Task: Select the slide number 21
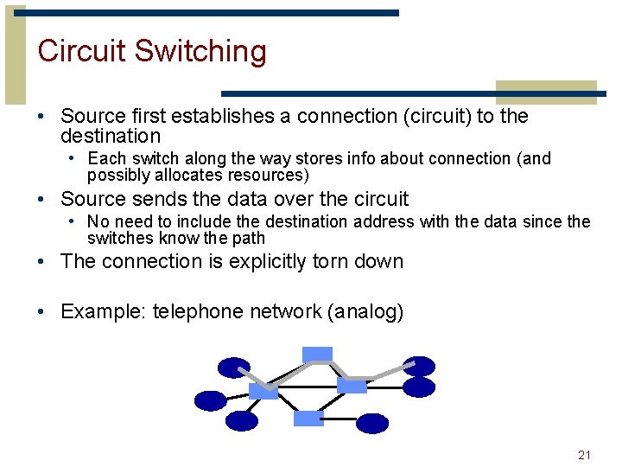pos(584,455)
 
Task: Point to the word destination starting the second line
pos(111,137)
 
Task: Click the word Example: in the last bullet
pos(103,312)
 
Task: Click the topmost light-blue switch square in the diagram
pos(317,354)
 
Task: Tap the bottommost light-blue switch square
pos(308,419)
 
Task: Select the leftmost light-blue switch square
pos(263,391)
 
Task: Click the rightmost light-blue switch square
pos(352,385)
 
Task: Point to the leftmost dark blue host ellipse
pos(210,400)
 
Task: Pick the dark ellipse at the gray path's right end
pos(419,366)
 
